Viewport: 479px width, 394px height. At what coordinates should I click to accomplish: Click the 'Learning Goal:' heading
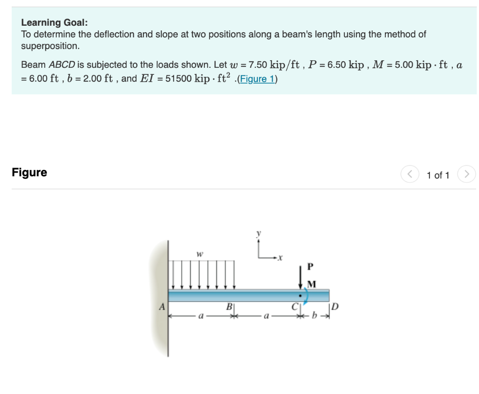click(x=54, y=22)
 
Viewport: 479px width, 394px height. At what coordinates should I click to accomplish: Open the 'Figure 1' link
click(x=258, y=79)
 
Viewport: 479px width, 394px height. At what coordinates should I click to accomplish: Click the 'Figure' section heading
click(x=29, y=172)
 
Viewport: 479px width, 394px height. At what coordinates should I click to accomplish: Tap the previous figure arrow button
click(x=410, y=174)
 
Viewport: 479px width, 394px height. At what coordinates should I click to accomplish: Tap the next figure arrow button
click(x=466, y=174)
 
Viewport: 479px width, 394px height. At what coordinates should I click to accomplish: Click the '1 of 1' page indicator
click(x=438, y=175)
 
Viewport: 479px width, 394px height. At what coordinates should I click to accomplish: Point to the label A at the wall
click(x=162, y=307)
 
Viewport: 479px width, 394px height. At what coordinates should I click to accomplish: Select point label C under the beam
click(x=295, y=307)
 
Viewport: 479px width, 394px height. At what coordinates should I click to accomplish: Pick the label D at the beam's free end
click(x=335, y=306)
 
